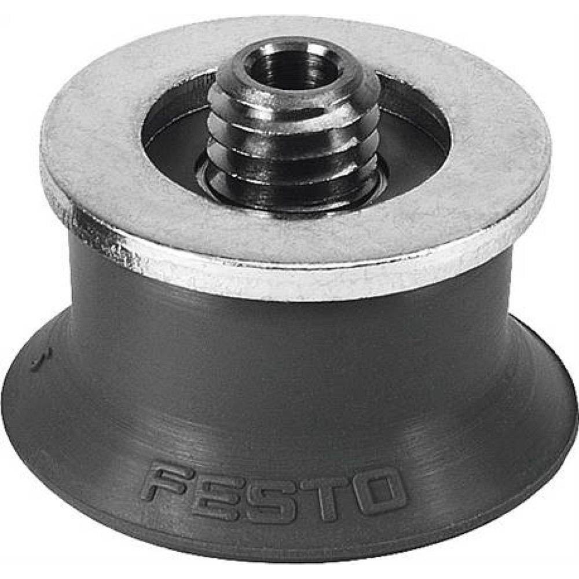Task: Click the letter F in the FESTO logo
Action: point(167,482)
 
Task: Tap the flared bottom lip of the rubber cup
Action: point(289,538)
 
